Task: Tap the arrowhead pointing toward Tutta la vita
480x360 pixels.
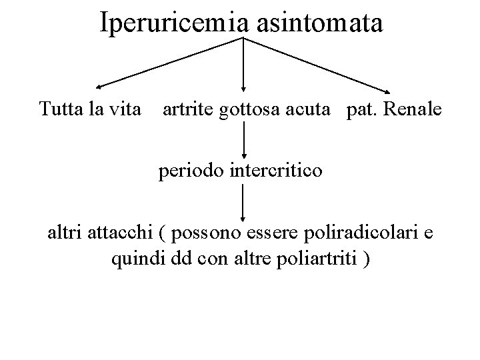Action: (x=99, y=86)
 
